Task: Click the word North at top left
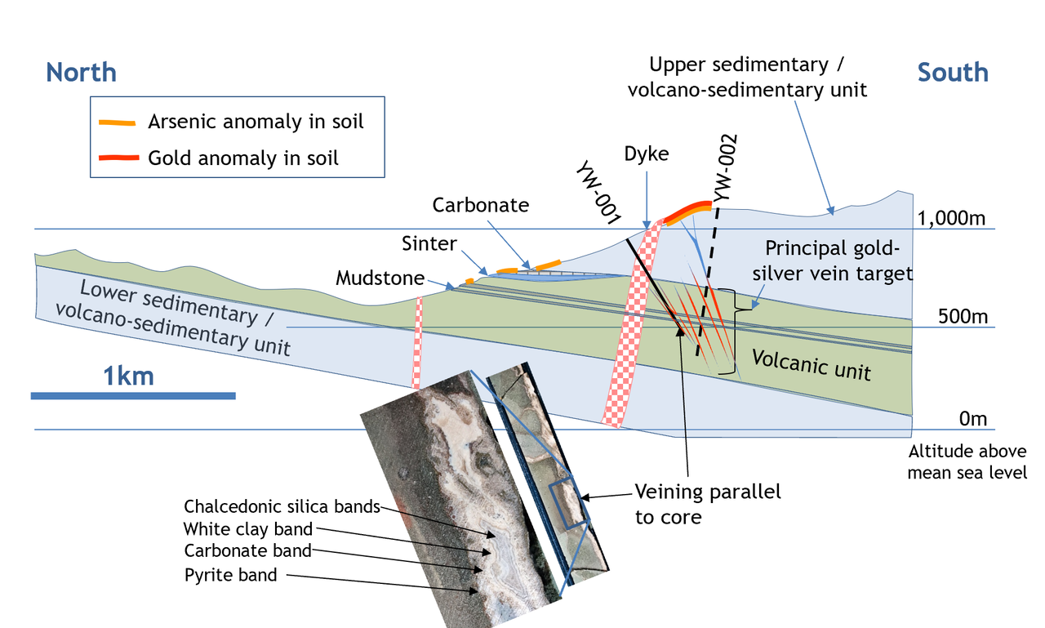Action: coord(81,73)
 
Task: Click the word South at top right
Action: coord(953,73)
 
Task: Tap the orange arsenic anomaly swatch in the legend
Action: coord(117,122)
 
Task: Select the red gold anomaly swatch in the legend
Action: coord(119,158)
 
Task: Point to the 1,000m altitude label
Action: coord(951,218)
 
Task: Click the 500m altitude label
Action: coord(963,316)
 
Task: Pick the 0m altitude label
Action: coord(972,418)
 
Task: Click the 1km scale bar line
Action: coord(133,396)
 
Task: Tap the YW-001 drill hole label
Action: coord(598,193)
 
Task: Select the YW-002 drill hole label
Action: coord(725,168)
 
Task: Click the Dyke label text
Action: coord(647,154)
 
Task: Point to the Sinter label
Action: coord(429,243)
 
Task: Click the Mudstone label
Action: coord(380,278)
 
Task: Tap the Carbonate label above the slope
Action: coord(481,205)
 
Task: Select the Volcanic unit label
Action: coord(812,365)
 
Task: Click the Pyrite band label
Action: coord(230,575)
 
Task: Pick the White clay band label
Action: coord(247,529)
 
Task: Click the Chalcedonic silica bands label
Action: coord(282,506)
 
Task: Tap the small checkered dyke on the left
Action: coord(417,343)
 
